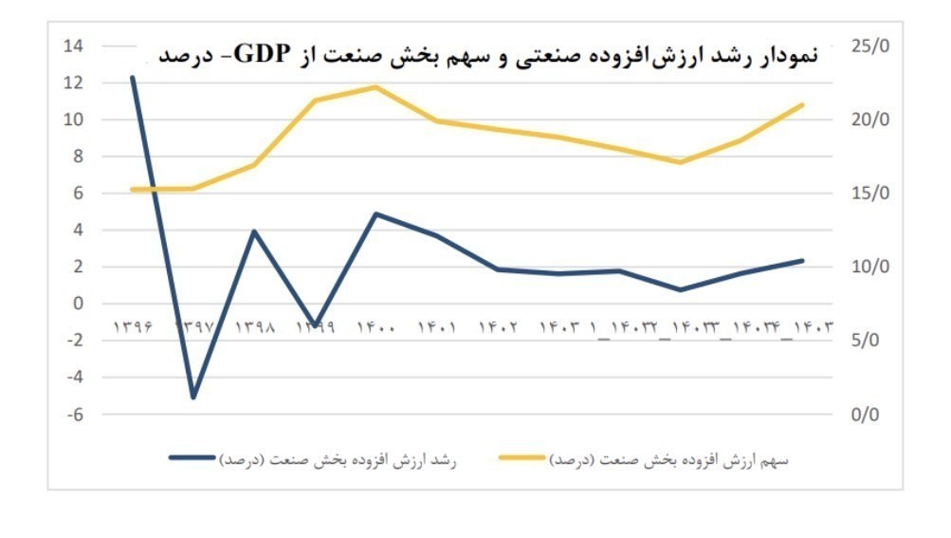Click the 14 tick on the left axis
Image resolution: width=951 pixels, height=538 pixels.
pyautogui.click(x=73, y=46)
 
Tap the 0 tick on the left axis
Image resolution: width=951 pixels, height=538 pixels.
pyautogui.click(x=79, y=304)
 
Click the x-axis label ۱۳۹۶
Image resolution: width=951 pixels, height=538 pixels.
pyautogui.click(x=135, y=327)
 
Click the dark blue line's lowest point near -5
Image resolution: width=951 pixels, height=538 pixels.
pyautogui.click(x=193, y=397)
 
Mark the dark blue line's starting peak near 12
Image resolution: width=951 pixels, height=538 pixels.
pyautogui.click(x=133, y=78)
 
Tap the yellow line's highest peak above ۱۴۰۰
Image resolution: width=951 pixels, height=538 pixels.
pyautogui.click(x=376, y=87)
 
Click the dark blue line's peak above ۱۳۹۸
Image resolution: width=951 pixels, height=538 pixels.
pyautogui.click(x=254, y=231)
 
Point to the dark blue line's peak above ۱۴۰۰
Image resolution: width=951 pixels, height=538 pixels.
pyautogui.click(x=376, y=214)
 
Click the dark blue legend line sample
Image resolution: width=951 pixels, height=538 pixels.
pyautogui.click(x=193, y=457)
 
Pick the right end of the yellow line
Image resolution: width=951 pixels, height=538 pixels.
pyautogui.click(x=803, y=104)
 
